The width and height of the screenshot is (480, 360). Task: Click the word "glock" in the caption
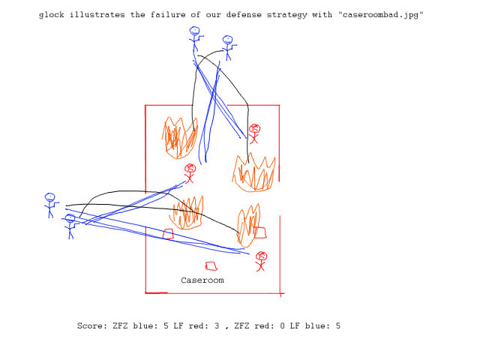[x=53, y=15]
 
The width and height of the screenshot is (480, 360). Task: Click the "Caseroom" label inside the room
[x=202, y=280]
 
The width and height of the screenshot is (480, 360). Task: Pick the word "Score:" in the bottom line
[x=93, y=326]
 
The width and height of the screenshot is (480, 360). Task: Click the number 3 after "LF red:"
[x=217, y=326]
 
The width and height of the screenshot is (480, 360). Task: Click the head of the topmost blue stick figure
[x=194, y=32]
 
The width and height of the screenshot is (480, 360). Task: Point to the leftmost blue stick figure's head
[x=49, y=198]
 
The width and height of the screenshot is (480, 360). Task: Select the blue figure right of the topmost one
[x=227, y=46]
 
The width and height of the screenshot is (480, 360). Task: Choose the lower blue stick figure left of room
[x=70, y=225]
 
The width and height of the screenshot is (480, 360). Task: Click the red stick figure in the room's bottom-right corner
[x=261, y=260]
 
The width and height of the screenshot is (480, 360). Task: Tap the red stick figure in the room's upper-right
[x=254, y=133]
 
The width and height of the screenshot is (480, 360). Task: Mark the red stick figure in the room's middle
[x=190, y=172]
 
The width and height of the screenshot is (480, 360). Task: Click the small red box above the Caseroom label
[x=211, y=265]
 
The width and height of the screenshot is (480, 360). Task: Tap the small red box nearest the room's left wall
[x=168, y=234]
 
